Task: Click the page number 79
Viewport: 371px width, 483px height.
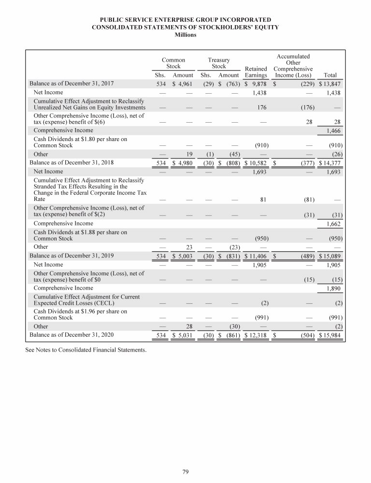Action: pyautogui.click(x=185, y=472)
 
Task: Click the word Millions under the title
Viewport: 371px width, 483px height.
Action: pyautogui.click(x=185, y=35)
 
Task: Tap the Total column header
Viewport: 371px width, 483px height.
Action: pyautogui.click(x=330, y=75)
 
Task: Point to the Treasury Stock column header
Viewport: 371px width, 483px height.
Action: pyautogui.click(x=219, y=63)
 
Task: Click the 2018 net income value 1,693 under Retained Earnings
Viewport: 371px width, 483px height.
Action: pyautogui.click(x=260, y=171)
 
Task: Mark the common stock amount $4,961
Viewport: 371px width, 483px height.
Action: pyautogui.click(x=183, y=84)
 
